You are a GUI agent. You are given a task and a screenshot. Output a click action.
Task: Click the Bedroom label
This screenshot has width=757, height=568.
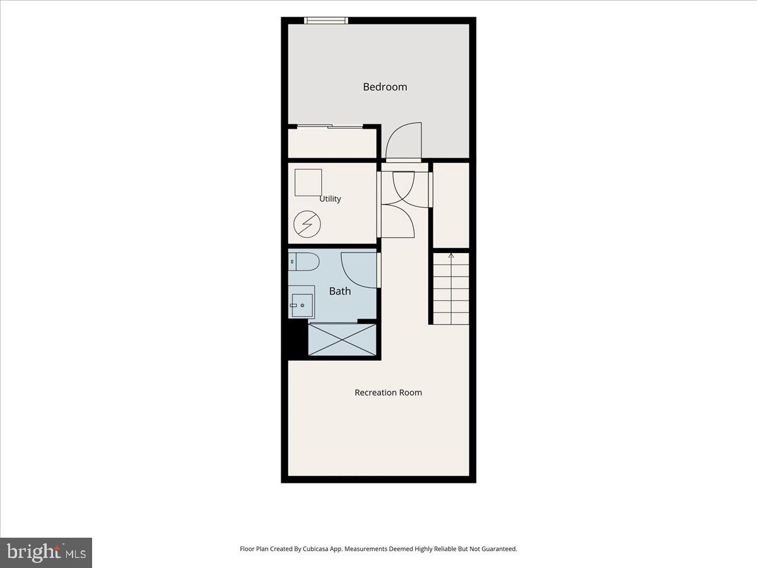(385, 87)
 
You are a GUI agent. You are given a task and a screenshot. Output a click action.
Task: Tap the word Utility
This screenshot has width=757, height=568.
(330, 199)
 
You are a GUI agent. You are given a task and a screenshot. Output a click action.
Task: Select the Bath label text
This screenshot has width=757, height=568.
(339, 291)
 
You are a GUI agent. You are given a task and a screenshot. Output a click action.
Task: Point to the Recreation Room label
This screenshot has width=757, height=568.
(388, 393)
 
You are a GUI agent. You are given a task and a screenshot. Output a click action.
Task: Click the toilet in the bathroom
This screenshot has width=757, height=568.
(303, 261)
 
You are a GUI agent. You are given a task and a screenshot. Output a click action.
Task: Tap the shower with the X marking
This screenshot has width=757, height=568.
(342, 340)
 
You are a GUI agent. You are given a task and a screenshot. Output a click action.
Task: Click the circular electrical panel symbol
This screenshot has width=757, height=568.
(307, 224)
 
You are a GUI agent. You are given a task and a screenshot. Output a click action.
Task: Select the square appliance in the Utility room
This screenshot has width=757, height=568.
(308, 182)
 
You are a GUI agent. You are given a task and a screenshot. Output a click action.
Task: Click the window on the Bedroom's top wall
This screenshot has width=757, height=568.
(326, 21)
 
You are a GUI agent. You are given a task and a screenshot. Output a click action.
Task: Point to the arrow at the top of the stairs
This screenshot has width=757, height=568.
(451, 256)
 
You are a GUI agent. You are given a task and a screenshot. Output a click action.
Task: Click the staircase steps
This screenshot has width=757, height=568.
(451, 288)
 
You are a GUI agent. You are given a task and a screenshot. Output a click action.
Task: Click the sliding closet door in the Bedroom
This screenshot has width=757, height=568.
(330, 127)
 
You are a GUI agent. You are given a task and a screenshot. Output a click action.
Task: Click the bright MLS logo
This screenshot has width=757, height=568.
(46, 553)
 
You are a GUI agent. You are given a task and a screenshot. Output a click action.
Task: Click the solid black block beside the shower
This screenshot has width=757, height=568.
(298, 339)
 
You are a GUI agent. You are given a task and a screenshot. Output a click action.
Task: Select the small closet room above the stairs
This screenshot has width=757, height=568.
(451, 205)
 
